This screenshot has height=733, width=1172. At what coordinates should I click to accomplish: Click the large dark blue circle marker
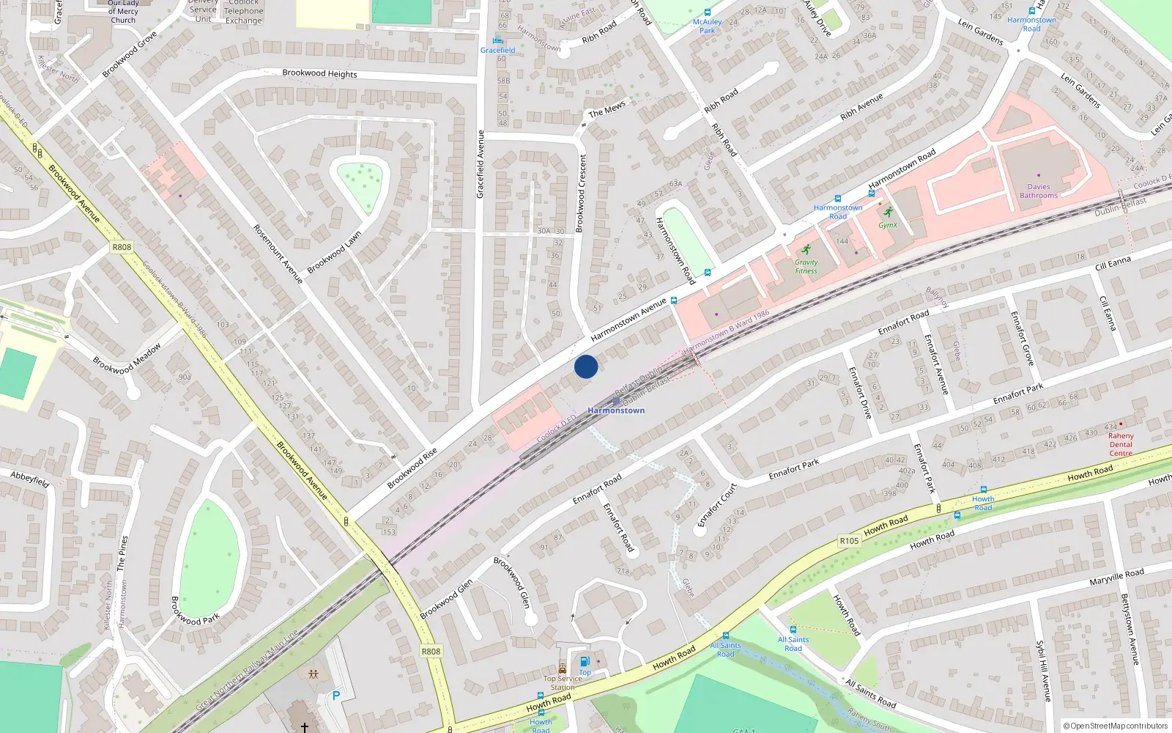586,366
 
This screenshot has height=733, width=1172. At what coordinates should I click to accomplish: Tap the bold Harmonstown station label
616,410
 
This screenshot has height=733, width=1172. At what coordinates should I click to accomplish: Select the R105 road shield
849,541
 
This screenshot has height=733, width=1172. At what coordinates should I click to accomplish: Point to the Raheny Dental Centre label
1120,444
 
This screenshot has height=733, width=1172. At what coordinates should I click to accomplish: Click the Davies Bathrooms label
1039,191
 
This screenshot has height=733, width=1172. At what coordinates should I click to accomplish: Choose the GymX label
888,225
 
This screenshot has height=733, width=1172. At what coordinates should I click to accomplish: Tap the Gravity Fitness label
806,267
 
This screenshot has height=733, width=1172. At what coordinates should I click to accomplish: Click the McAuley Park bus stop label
707,26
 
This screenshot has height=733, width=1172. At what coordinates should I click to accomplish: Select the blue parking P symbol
336,696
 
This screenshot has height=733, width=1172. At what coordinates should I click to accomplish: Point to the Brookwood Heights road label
319,73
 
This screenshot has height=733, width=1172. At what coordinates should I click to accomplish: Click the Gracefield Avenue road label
481,164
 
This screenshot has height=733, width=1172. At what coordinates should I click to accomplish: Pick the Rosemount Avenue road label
278,254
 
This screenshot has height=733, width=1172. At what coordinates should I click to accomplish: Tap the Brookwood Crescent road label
582,194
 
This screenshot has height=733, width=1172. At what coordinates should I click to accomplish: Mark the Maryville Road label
1116,577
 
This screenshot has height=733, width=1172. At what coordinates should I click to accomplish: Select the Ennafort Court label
717,504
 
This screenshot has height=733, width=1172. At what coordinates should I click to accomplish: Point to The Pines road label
122,553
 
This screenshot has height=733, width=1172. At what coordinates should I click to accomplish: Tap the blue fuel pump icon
585,661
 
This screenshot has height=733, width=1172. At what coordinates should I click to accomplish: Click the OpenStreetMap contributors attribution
1116,726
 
